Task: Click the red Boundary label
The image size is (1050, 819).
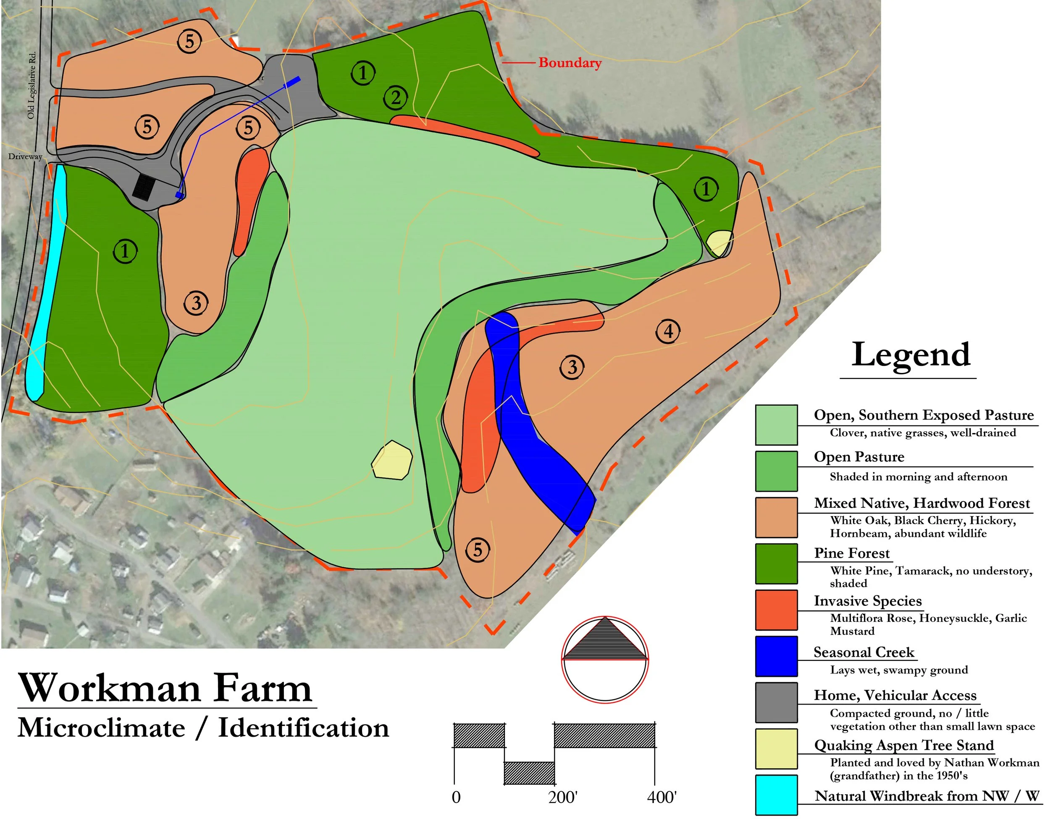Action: coord(570,63)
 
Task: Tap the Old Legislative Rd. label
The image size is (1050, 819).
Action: coord(32,85)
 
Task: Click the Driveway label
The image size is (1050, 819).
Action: coord(25,156)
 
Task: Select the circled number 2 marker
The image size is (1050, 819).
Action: coord(395,98)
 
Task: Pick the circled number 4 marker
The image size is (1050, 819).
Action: coord(668,331)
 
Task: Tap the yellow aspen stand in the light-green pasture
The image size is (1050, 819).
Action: coord(392,460)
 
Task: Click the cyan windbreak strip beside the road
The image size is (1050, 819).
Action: coord(46,279)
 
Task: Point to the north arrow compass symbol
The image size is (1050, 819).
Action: coord(605,660)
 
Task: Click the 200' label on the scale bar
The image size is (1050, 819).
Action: coord(562,797)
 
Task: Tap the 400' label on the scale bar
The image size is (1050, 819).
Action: coord(661,797)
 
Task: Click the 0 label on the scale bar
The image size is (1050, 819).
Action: coord(456,797)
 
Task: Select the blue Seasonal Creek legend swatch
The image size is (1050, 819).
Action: coord(776,656)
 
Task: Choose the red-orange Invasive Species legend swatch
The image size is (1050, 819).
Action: coord(776,610)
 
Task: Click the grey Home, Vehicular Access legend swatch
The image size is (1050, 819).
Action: coord(776,702)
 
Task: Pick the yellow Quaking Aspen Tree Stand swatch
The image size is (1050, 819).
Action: coord(776,749)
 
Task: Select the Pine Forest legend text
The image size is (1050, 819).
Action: coord(851,553)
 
